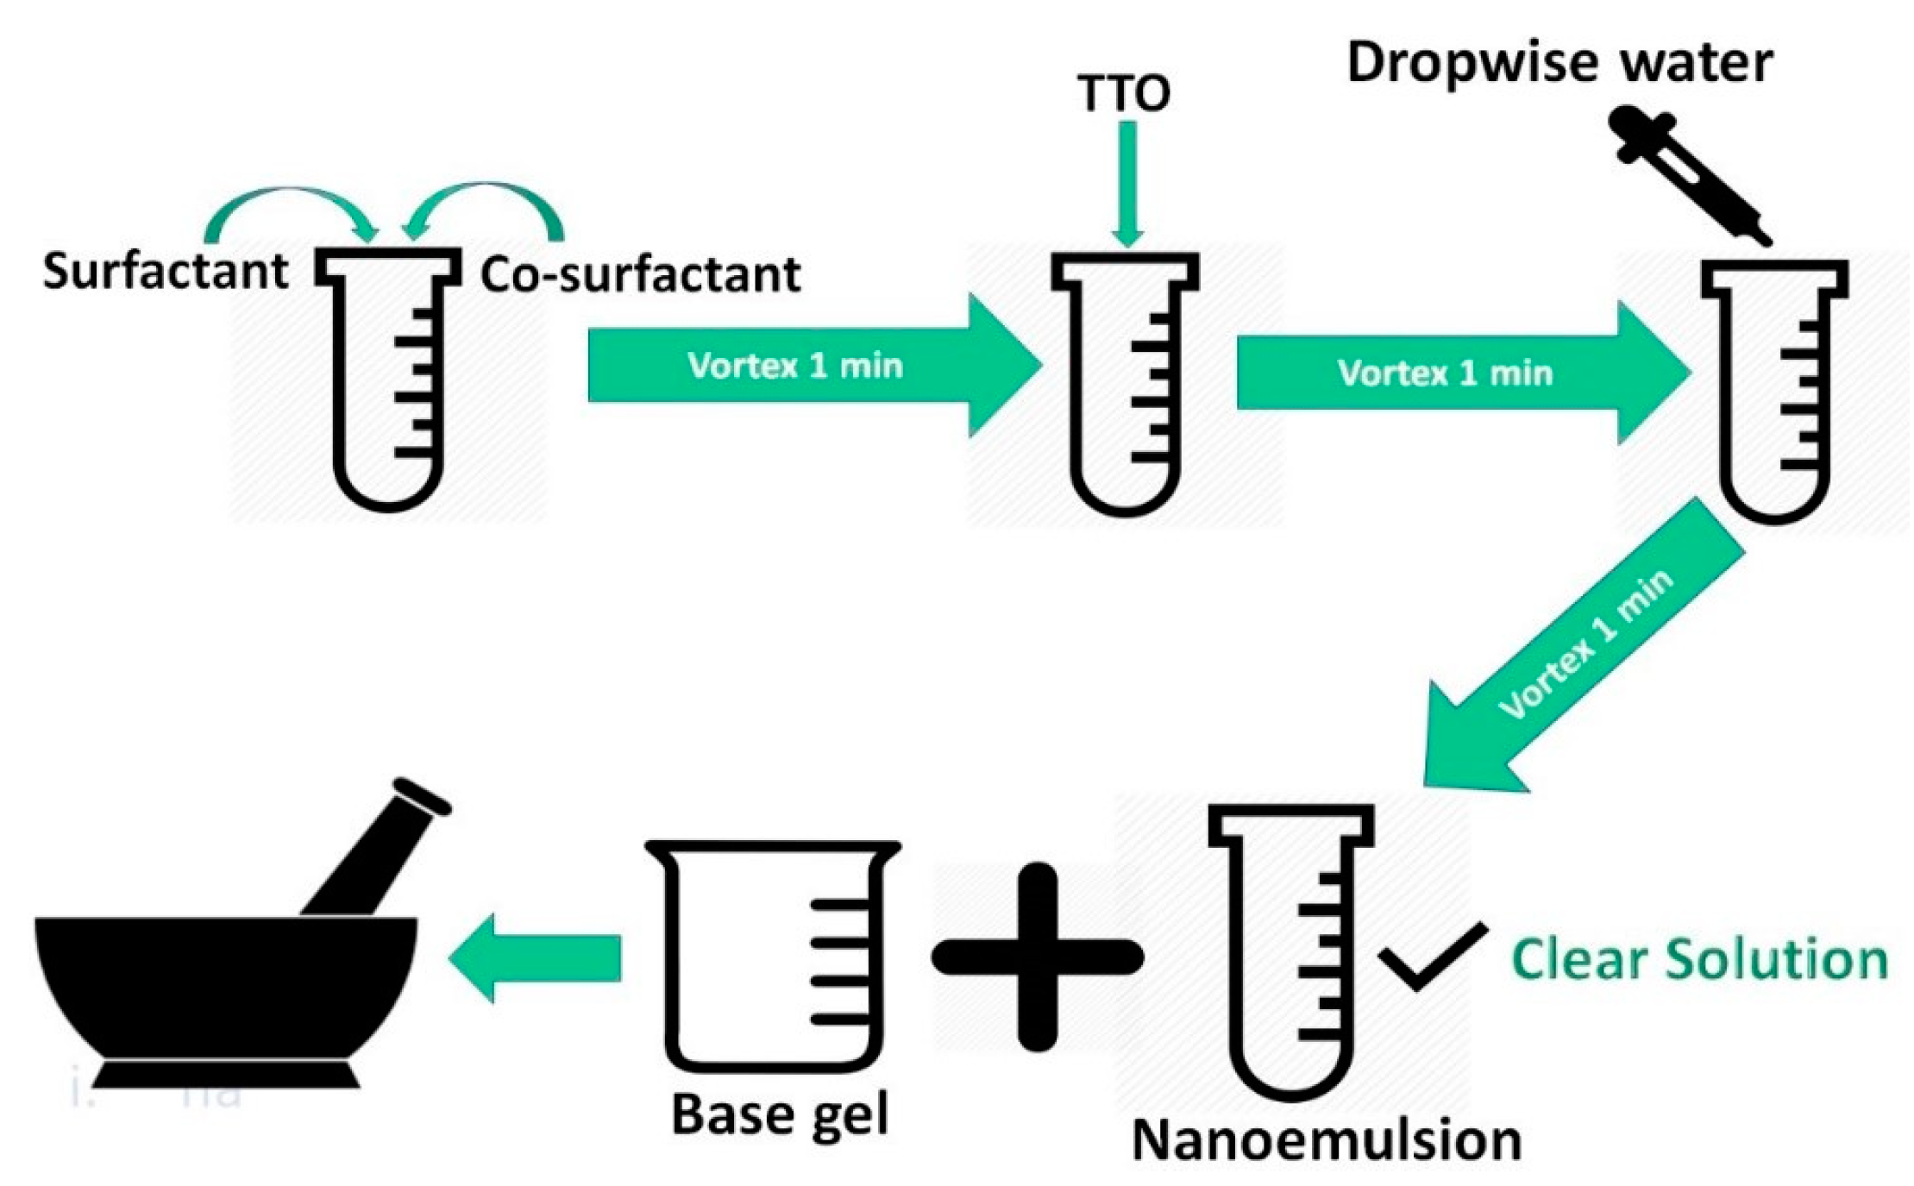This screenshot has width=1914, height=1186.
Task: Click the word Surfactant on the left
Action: pos(165,272)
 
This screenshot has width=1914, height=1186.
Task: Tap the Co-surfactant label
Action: pos(640,275)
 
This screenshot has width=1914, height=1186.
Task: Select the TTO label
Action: pos(1123,93)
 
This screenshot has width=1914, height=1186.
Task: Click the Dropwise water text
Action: pos(1559,63)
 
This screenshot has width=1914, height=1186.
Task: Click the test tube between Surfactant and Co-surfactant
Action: pos(388,380)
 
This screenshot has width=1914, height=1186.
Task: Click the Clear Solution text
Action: pos(1699,959)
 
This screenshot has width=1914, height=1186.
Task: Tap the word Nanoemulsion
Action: pos(1326,1140)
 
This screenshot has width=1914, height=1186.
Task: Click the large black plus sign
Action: pos(1037,957)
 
